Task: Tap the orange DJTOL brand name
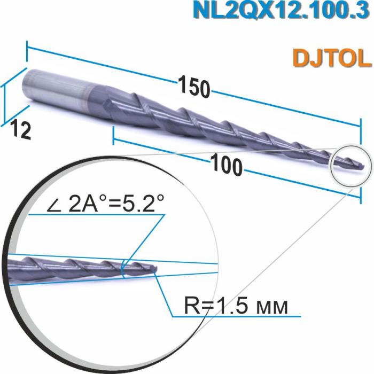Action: click(331, 57)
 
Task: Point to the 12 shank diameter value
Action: click(21, 130)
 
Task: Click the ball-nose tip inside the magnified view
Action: click(154, 270)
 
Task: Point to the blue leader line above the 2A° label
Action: click(96, 214)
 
